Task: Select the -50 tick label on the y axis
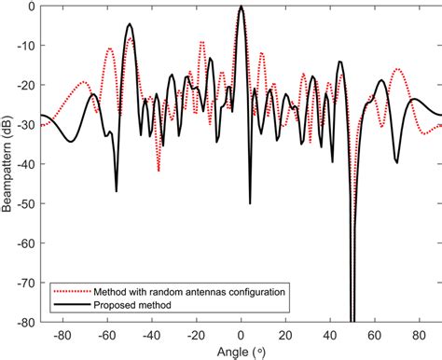(x=27, y=202)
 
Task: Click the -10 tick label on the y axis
(x=27, y=45)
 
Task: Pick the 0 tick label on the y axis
(x=32, y=6)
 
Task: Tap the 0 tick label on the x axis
(x=242, y=333)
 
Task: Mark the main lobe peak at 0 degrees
(x=242, y=7)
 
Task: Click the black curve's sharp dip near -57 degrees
(x=117, y=191)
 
